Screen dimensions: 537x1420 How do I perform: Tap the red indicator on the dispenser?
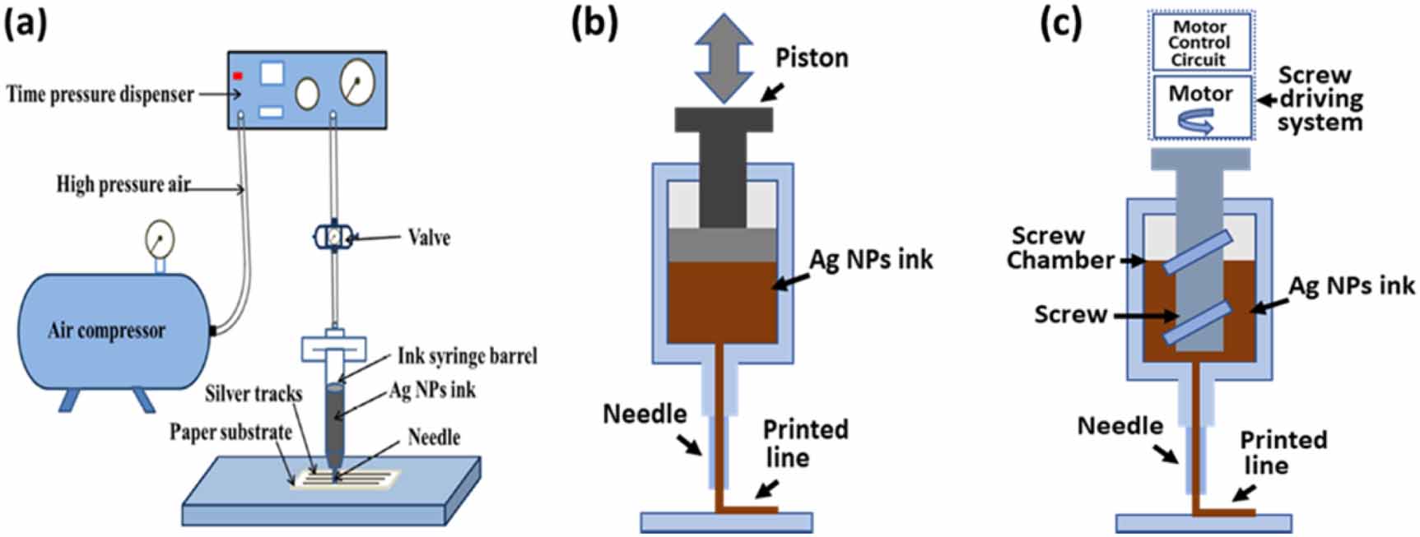(x=238, y=76)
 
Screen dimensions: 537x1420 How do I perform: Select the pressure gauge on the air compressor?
(x=159, y=240)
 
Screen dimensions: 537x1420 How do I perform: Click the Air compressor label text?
(x=106, y=331)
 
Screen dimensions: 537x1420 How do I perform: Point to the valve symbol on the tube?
(x=333, y=237)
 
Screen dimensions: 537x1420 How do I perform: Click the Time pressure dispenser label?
(x=100, y=94)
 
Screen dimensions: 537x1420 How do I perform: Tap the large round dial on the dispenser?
(x=356, y=81)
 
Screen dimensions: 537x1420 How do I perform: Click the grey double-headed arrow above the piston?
(x=724, y=57)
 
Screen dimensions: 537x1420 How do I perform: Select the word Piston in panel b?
(x=811, y=58)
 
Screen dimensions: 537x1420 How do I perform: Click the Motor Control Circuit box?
(x=1199, y=43)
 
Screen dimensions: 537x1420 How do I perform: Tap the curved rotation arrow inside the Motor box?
(x=1194, y=122)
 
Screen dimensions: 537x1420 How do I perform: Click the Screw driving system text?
(x=1320, y=99)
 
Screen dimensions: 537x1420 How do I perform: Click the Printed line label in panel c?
(x=1283, y=452)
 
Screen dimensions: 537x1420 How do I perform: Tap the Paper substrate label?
(x=230, y=432)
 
